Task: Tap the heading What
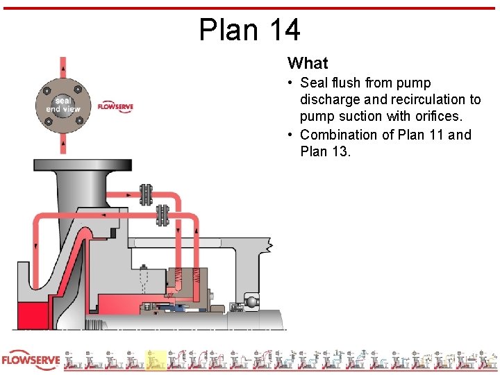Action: click(x=307, y=63)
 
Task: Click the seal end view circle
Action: click(x=63, y=105)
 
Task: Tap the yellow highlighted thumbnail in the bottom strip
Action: click(x=156, y=359)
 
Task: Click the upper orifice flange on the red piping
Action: click(x=145, y=194)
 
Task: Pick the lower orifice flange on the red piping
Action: click(x=162, y=215)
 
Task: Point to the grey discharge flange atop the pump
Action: click(x=76, y=166)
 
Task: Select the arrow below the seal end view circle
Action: click(x=63, y=145)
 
